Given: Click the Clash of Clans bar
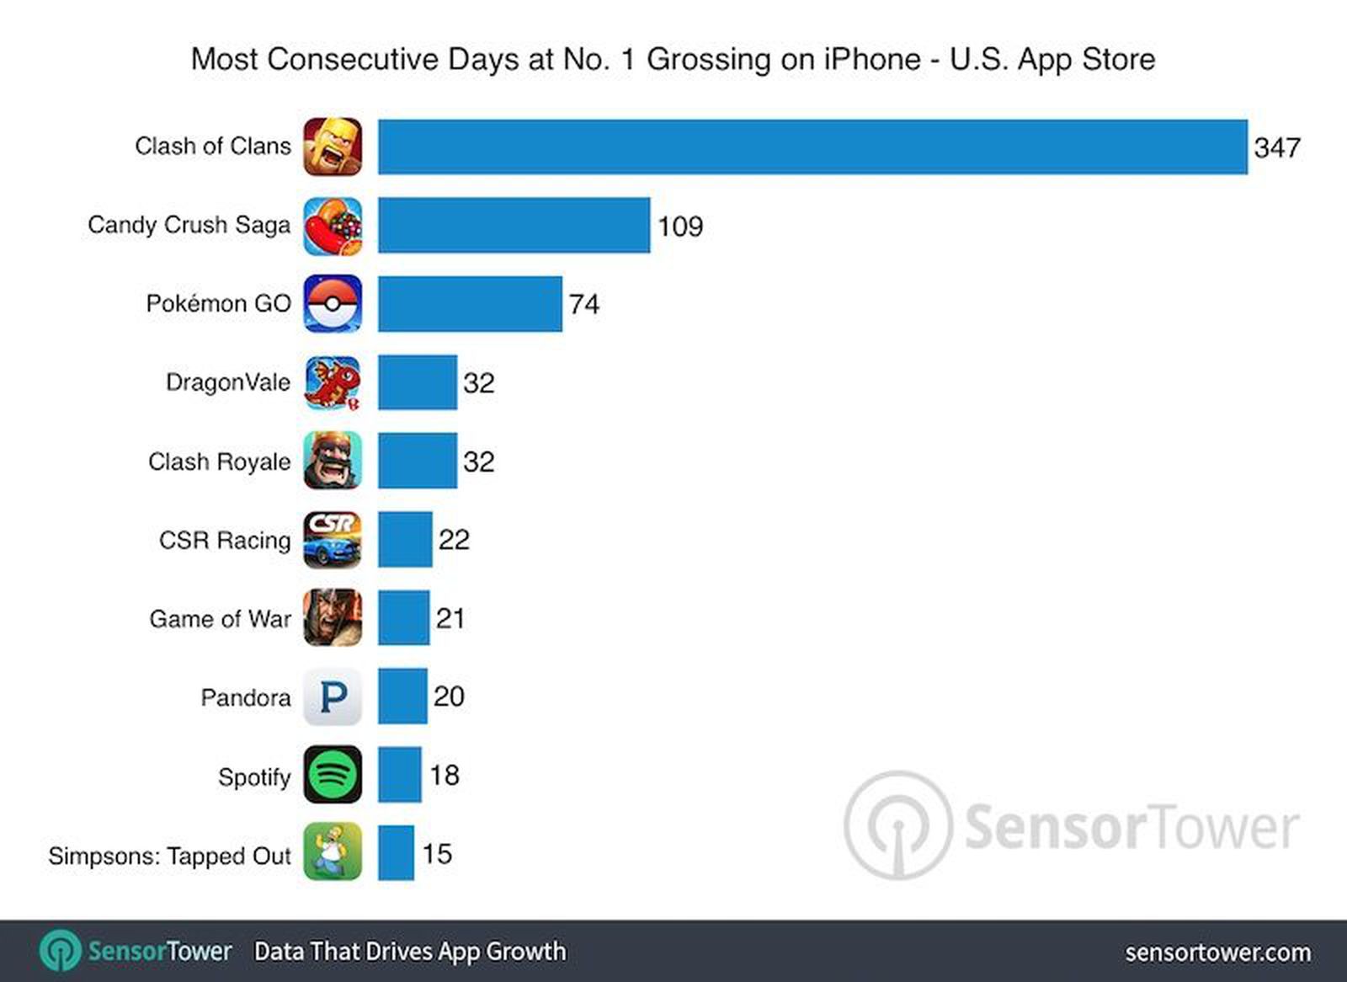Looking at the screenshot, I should tap(812, 147).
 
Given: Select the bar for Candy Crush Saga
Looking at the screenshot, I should tap(514, 225).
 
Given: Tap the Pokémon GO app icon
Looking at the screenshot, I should tap(333, 303).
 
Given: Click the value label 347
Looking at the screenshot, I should tap(1276, 148).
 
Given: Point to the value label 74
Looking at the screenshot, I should tap(583, 304).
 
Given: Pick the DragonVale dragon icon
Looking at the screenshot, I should tap(333, 382).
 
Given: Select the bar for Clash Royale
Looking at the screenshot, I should tap(417, 461).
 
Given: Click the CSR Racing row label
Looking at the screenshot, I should tap(224, 540).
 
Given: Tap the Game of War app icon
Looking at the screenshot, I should tap(333, 617).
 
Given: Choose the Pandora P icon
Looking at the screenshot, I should tap(333, 696).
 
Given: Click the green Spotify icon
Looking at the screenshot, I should tap(333, 775).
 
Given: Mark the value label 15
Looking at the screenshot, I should tap(437, 854).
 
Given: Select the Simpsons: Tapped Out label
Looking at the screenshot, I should tap(169, 856).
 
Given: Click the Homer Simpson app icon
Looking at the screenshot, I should tap(333, 852).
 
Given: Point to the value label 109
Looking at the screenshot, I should tap(679, 227).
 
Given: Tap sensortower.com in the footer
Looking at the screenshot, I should tap(1217, 953).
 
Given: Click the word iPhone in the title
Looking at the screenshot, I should tap(871, 59).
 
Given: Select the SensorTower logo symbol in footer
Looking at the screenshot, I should tap(61, 952).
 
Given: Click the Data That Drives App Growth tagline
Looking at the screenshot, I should tap(410, 952).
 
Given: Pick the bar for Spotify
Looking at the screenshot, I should tap(399, 775).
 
